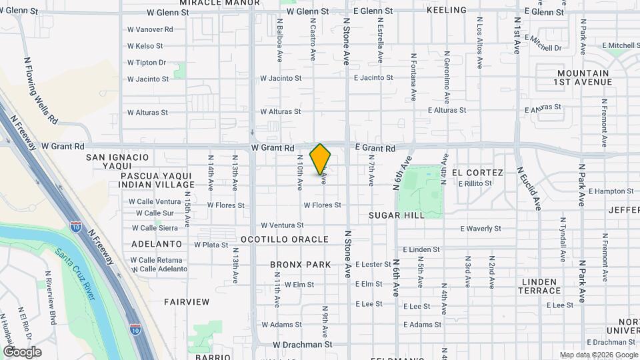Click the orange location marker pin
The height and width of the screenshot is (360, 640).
(x=321, y=159)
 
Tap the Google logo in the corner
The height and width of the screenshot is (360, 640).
(x=22, y=352)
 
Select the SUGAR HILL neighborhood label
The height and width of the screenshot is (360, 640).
(x=396, y=215)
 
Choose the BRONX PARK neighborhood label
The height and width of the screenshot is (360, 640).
(x=301, y=265)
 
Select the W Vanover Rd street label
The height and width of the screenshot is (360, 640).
(x=150, y=29)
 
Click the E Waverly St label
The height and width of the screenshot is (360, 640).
(x=481, y=228)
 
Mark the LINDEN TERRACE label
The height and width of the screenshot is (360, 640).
(x=539, y=286)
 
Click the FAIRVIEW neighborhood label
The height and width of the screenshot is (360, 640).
(x=187, y=302)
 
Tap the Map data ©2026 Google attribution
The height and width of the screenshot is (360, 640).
(x=599, y=355)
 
